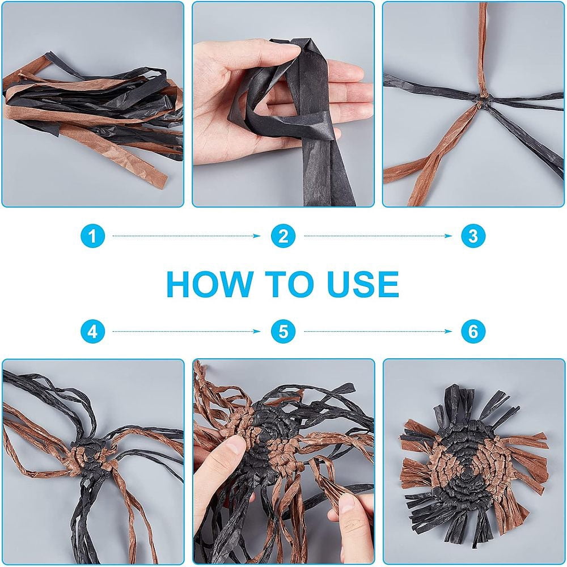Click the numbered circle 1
pos(92,236)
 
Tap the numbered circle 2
pos(283,236)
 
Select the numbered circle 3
pos(473,236)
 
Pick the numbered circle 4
pos(92,331)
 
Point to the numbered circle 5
pos(283,331)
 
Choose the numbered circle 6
pos(473,331)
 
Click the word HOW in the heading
pos(210,284)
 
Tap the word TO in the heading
pos(290,284)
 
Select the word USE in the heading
pos(363,284)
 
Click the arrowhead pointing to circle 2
pos(257,236)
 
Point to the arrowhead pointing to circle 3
pos(448,236)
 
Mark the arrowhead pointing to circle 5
pos(257,331)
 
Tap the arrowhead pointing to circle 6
pos(448,331)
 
